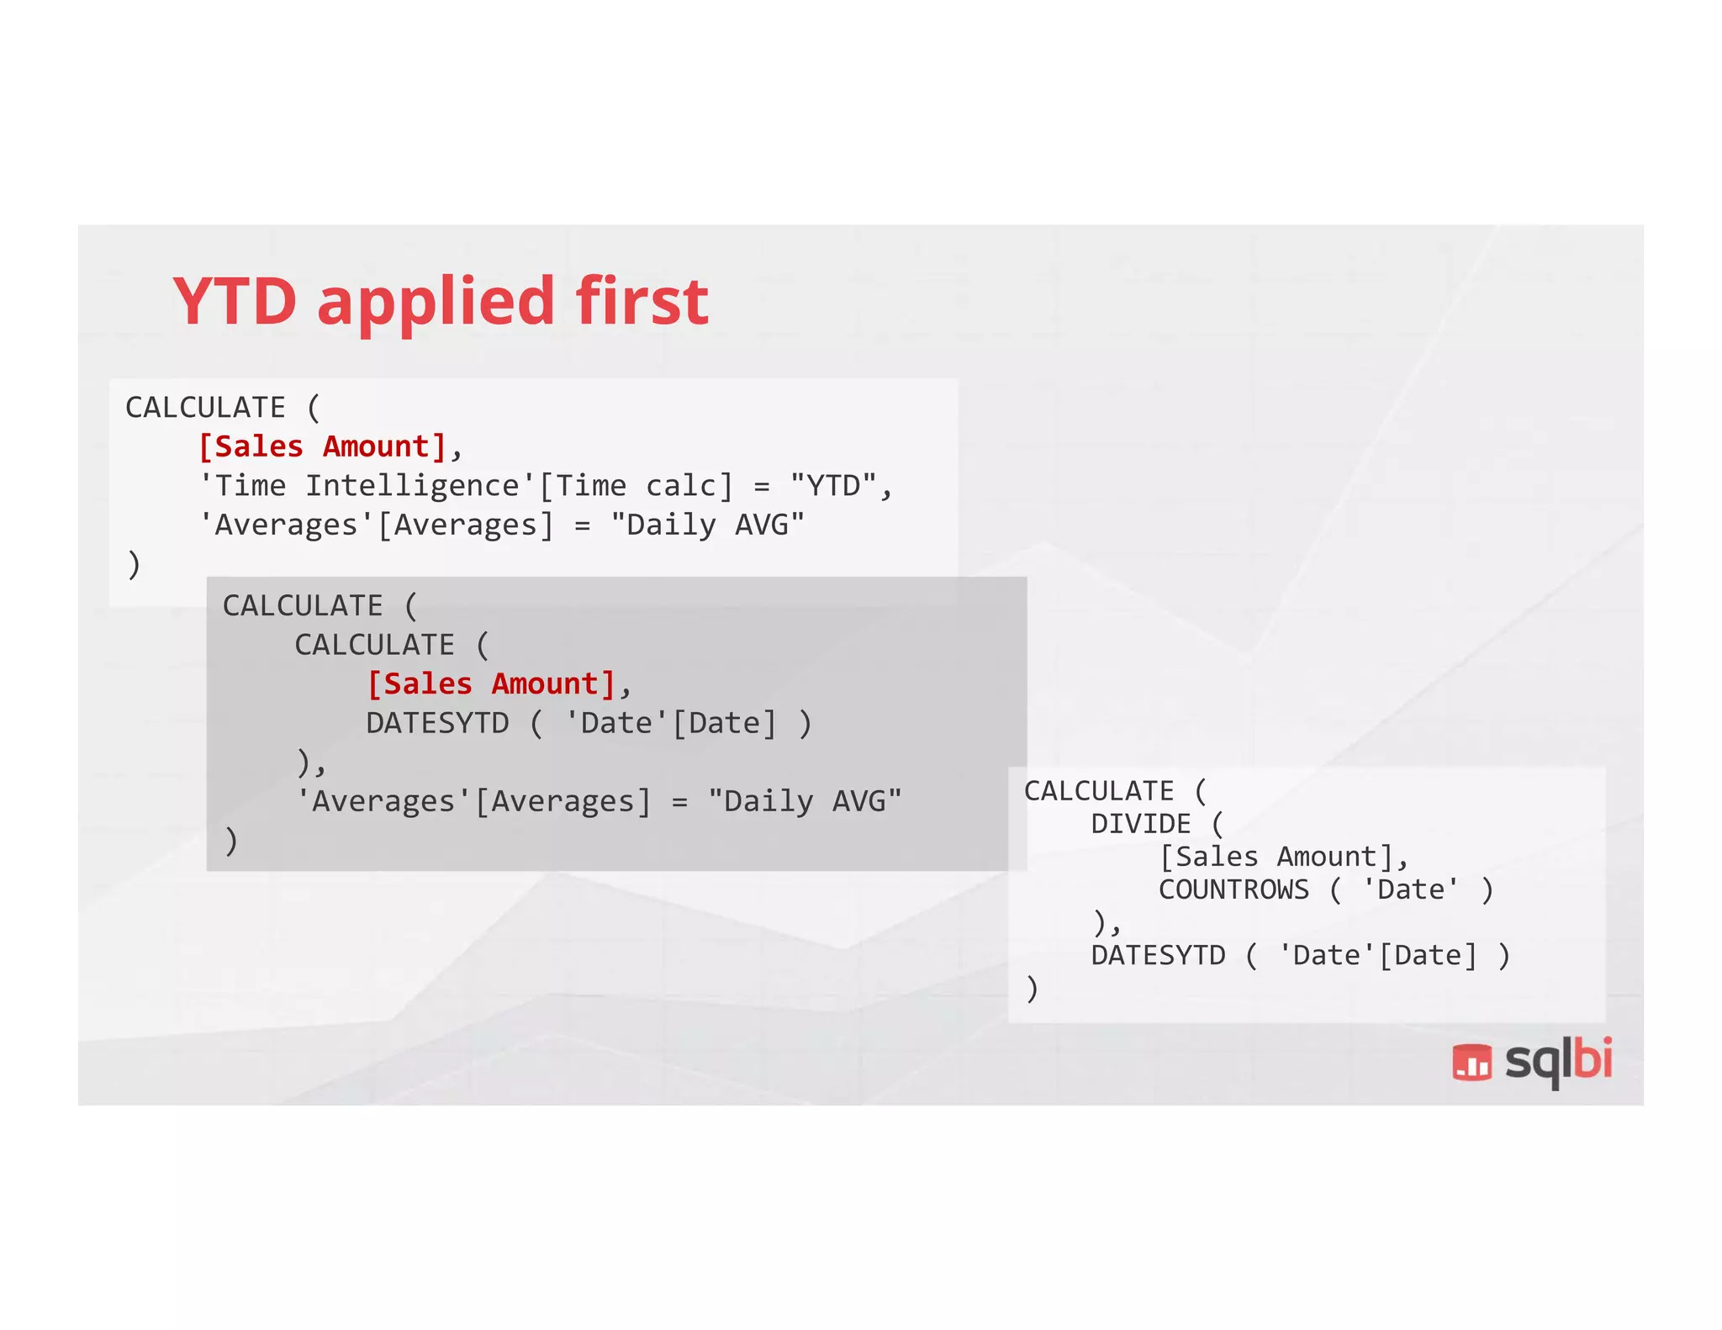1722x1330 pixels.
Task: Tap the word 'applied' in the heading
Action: [x=436, y=304]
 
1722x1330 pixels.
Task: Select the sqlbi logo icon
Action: [x=1471, y=1061]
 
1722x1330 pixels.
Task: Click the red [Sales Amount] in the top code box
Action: [x=321, y=446]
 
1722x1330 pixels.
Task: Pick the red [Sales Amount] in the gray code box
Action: [x=491, y=684]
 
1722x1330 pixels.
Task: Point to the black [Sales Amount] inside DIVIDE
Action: [x=1275, y=857]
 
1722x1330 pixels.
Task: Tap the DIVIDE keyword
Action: [x=1140, y=824]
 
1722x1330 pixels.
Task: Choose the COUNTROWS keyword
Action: [x=1233, y=889]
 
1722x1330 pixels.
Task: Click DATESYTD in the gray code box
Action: [x=437, y=723]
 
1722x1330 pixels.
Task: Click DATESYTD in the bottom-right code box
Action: [x=1158, y=956]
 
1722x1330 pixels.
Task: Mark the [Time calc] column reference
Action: [x=636, y=486]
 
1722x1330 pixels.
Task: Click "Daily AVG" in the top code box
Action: [x=707, y=525]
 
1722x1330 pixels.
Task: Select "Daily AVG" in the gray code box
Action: [x=805, y=801]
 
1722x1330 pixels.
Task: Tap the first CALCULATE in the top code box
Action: [x=205, y=408]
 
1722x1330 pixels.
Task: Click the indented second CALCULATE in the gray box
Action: [x=374, y=645]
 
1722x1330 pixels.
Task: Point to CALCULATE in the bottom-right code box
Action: [x=1098, y=791]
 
